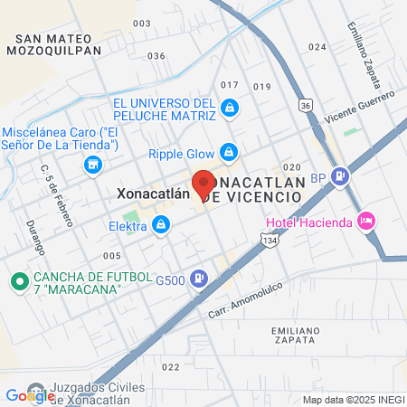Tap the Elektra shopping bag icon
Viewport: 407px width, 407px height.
161,226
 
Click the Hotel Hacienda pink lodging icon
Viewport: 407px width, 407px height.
366,220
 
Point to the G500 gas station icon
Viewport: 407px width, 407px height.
201,280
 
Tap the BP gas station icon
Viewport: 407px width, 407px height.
340,177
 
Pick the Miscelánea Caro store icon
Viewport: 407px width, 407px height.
91,165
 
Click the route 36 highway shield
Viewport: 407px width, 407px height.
307,106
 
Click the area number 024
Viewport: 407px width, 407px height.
317,46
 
